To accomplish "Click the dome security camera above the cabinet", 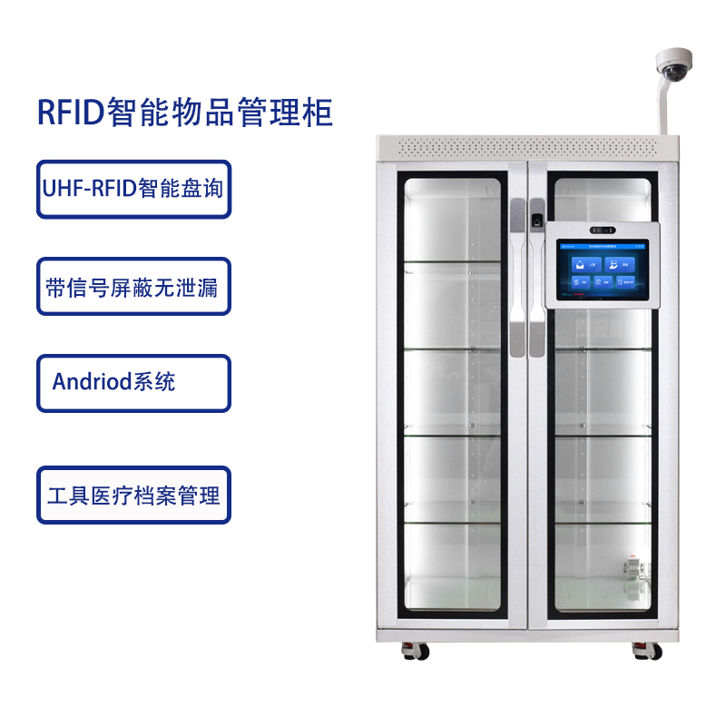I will pos(672,66).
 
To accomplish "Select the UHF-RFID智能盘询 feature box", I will pos(133,189).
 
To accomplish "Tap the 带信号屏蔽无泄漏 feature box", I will pos(133,287).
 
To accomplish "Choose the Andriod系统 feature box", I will pos(133,382).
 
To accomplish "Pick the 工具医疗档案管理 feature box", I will pos(133,495).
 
